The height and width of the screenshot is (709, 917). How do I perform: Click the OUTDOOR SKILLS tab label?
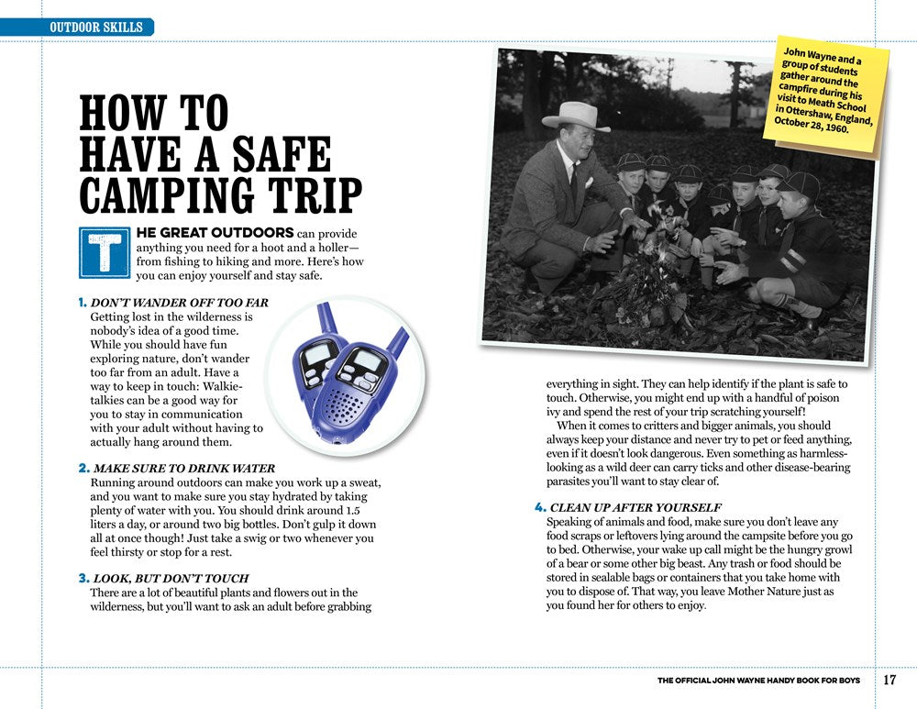(x=96, y=28)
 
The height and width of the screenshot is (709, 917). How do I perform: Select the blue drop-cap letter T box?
(x=105, y=251)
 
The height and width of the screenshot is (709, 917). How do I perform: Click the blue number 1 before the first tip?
(x=83, y=303)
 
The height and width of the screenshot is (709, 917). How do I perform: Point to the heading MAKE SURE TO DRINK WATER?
(x=183, y=469)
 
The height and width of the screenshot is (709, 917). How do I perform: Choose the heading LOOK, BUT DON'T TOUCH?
(x=171, y=579)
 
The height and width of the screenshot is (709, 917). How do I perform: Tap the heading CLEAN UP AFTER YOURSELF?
(x=635, y=507)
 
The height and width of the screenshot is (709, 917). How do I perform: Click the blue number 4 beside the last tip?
(x=540, y=507)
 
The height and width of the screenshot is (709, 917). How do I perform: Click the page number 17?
(x=889, y=681)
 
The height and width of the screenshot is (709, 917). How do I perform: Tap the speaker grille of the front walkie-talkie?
(x=348, y=402)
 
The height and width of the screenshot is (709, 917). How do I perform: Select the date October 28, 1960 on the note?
(x=812, y=125)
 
